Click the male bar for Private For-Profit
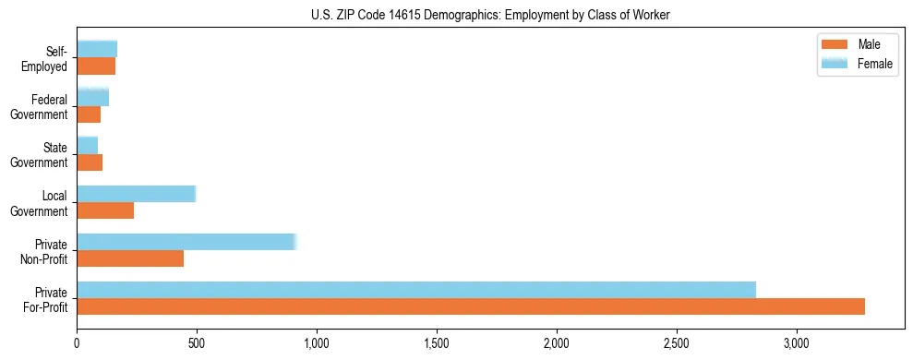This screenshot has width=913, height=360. [471, 306]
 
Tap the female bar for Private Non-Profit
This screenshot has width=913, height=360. [186, 242]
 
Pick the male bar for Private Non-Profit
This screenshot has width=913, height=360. [130, 258]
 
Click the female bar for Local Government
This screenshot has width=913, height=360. [136, 194]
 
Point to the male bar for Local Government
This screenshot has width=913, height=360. [105, 210]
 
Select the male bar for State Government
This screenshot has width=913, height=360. [90, 162]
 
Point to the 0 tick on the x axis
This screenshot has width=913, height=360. [77, 342]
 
